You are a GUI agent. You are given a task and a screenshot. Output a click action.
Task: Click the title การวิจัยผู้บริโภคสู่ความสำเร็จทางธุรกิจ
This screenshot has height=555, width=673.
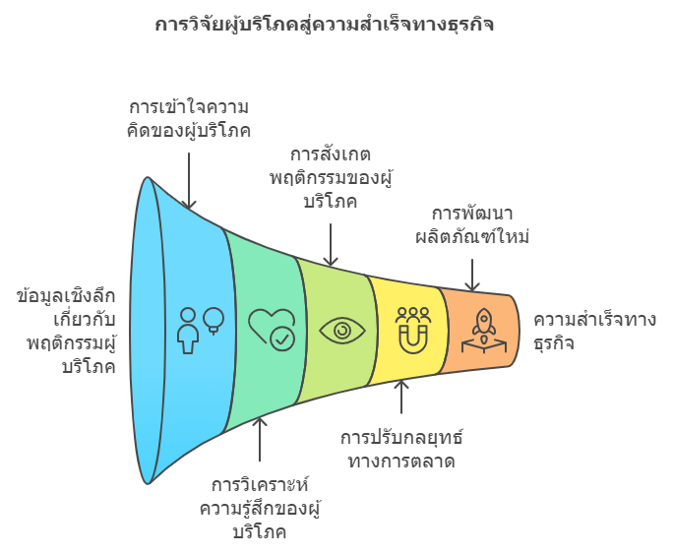[324, 25]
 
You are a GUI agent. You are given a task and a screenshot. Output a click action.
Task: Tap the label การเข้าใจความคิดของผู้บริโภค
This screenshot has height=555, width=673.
[189, 119]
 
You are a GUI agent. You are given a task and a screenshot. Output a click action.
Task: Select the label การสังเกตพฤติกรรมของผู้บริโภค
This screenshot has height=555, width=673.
[331, 178]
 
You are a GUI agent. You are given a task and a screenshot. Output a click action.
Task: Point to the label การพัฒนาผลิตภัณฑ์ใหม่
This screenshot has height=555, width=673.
[471, 225]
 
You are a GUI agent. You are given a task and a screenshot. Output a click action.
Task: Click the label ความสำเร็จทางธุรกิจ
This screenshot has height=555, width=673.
[594, 332]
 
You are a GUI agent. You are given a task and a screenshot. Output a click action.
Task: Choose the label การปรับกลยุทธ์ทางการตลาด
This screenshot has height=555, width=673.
[401, 449]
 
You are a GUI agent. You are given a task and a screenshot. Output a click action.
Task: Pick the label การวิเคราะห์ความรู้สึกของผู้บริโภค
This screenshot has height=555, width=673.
[260, 508]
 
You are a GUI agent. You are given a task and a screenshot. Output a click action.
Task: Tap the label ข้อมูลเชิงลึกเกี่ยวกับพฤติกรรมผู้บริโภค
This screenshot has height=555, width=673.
[67, 332]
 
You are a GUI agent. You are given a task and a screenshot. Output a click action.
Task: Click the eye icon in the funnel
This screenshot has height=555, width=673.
[342, 331]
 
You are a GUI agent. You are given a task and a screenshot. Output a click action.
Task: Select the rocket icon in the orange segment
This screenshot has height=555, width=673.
[484, 331]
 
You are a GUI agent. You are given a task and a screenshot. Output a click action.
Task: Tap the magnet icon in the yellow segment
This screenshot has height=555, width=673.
[413, 331]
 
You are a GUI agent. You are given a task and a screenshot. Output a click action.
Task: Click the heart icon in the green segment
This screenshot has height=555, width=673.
[272, 330]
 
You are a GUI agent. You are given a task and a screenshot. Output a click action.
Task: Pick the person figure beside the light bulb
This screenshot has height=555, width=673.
[188, 331]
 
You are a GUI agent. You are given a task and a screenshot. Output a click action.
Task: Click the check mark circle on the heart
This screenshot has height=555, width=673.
[282, 339]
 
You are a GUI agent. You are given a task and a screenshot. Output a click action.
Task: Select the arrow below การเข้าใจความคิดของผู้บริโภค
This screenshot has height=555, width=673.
[189, 181]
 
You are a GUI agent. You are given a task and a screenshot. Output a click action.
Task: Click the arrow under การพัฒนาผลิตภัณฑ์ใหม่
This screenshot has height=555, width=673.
[472, 275]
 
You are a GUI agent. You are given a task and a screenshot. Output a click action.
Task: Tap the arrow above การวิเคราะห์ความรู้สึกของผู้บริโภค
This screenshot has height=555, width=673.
[260, 439]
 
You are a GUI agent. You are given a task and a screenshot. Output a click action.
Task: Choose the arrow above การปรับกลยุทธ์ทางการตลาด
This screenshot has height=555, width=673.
[401, 397]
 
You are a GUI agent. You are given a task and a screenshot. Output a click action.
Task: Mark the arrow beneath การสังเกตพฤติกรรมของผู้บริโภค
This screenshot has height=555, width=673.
[331, 245]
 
